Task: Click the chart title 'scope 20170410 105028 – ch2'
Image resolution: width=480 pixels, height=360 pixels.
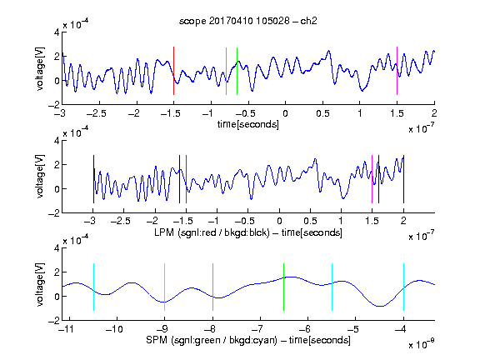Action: coord(248,21)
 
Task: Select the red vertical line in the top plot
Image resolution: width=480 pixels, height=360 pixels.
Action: coord(173,71)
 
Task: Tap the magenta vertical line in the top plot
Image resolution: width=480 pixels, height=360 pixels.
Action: coord(397,71)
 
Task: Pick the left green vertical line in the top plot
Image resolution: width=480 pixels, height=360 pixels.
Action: coord(226,71)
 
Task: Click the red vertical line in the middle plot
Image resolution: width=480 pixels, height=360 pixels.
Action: coord(186,179)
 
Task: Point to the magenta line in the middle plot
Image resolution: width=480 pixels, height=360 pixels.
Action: coord(372,179)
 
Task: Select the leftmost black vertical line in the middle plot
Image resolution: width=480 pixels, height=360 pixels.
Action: coord(93,179)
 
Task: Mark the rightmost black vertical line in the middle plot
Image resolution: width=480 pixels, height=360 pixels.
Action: coord(403,179)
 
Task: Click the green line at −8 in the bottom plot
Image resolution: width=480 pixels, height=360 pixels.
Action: coord(212,287)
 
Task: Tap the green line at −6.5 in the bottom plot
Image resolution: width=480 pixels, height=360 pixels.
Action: coord(284,287)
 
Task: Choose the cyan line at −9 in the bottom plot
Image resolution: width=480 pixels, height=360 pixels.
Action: coord(165,287)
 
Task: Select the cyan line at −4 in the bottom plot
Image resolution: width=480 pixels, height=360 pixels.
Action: coord(403,287)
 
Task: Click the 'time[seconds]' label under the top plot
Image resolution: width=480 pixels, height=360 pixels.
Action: coord(248,124)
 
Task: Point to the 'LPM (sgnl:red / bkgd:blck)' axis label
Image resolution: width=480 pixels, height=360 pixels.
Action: coord(212,232)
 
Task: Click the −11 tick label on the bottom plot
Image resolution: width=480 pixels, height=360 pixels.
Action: coord(66,329)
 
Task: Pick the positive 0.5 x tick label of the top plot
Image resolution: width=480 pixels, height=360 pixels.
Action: coord(322,113)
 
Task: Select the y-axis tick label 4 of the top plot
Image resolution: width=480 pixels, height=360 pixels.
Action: coord(57,32)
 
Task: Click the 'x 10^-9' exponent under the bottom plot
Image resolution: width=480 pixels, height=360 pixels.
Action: coord(421,344)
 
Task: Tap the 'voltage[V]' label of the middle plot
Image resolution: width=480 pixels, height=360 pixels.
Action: coord(40,177)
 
